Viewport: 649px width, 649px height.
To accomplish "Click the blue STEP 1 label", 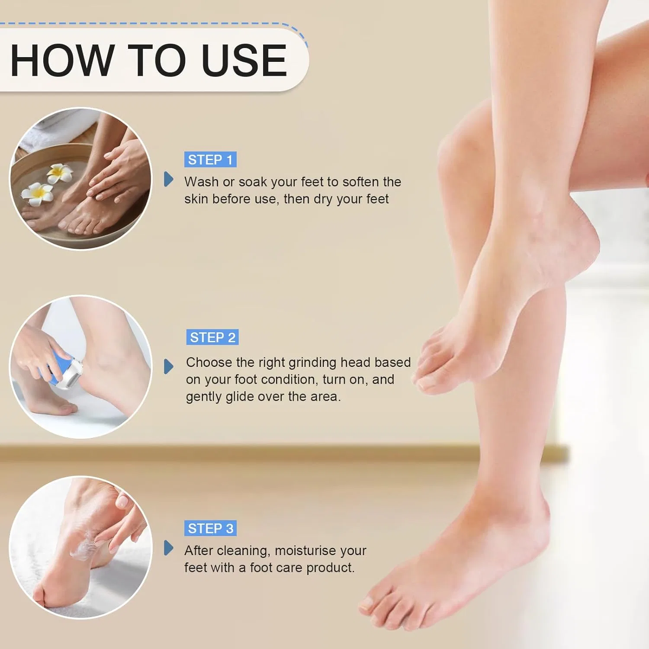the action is tap(210, 160).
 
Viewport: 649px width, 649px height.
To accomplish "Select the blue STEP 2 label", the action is tap(212, 337).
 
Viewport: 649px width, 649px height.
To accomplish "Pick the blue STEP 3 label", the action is tap(210, 528).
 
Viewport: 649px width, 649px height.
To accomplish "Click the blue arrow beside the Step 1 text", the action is tap(169, 179).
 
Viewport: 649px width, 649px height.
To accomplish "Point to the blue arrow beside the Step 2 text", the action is tap(169, 366).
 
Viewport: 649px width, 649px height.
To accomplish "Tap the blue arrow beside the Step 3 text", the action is tap(169, 548).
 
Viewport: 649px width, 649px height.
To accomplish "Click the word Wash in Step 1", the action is tap(201, 182).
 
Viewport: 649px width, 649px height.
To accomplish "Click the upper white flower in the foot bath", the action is tap(59, 173).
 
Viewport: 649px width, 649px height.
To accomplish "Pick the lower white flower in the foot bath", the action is tap(38, 194).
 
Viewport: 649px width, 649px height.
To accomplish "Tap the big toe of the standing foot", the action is tap(370, 604).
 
